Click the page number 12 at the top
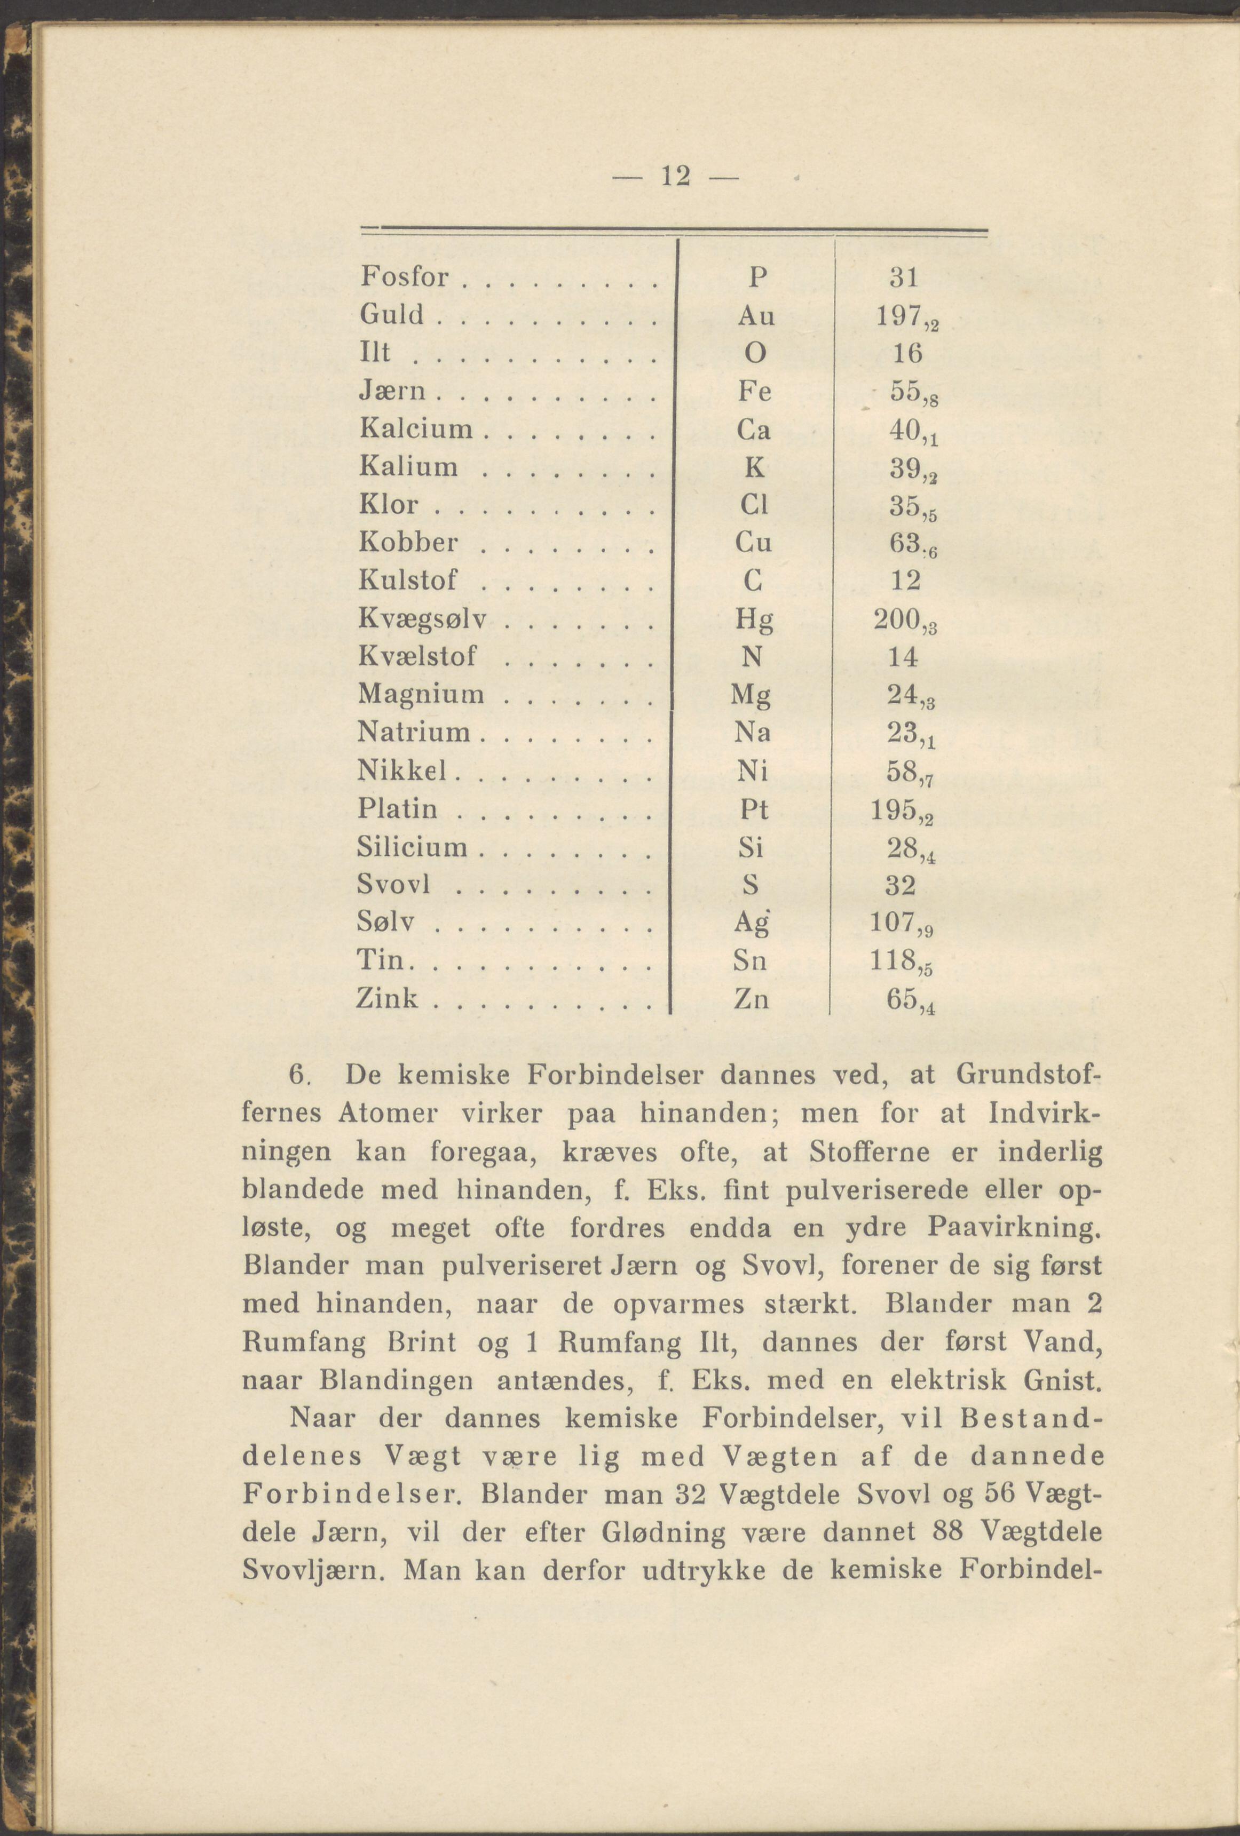(676, 176)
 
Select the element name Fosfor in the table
(405, 277)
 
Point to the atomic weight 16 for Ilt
(907, 353)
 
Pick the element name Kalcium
(416, 429)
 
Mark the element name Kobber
(408, 542)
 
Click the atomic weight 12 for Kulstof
(906, 581)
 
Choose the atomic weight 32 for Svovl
(900, 885)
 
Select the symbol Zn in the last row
(751, 999)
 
